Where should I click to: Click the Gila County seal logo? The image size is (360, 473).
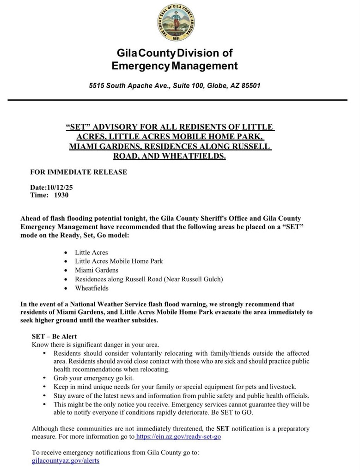tap(175, 22)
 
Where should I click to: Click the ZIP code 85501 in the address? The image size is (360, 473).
tap(251, 86)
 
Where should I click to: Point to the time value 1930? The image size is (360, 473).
tap(61, 195)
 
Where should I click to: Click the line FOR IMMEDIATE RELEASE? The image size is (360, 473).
tap(78, 172)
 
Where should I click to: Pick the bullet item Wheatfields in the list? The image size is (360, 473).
tap(92, 288)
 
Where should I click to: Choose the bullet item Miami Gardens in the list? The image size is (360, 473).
tap(97, 270)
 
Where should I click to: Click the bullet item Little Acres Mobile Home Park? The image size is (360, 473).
tap(119, 261)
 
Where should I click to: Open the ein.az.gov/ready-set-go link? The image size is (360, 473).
tap(178, 436)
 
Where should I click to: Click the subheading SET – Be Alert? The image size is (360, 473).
tap(54, 336)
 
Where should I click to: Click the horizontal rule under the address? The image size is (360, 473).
tap(177, 100)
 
